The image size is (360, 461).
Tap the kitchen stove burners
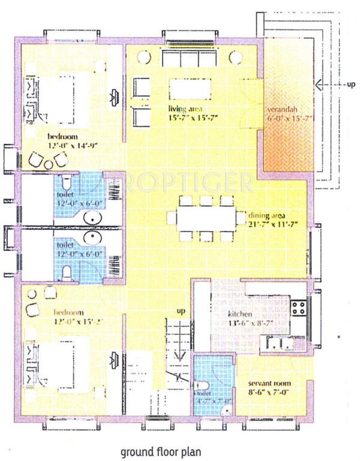click(298, 309)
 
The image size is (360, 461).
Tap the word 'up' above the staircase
click(180, 311)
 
